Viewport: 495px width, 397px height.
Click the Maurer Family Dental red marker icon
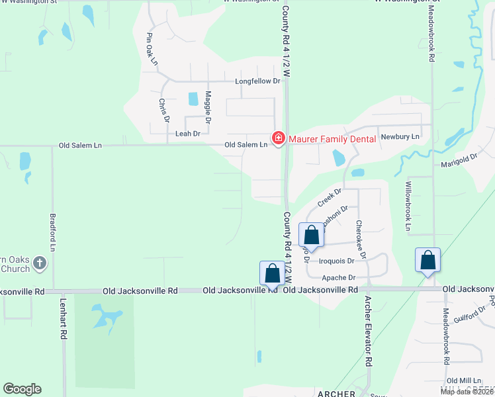point(279,138)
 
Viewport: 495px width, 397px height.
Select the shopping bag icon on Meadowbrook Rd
point(427,260)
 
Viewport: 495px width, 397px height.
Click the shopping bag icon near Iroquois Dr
point(311,235)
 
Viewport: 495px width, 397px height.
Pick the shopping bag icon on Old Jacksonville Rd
point(272,273)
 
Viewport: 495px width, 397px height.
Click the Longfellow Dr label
point(258,82)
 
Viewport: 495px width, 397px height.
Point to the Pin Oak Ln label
point(153,49)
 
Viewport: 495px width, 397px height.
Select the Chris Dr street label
point(163,110)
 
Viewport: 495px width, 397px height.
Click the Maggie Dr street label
point(208,108)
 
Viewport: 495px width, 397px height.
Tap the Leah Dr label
point(187,134)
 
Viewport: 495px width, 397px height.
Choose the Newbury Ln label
point(400,136)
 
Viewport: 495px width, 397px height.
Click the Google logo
point(22,389)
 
